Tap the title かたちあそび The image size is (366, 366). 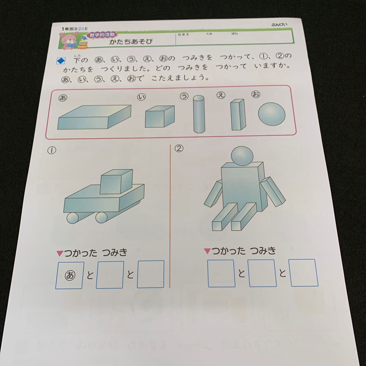[131, 41]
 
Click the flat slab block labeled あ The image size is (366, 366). [95, 117]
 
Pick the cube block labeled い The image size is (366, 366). [159, 117]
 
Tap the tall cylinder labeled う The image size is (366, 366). [198, 114]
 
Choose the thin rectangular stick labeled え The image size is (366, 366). [238, 114]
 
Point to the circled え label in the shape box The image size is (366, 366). [221, 95]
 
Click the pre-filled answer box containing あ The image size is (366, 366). [70, 275]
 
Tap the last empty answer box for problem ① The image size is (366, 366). [151, 274]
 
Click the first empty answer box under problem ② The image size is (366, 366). [221, 273]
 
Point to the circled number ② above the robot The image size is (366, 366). [179, 149]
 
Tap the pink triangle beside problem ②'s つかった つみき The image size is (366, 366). [207, 251]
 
